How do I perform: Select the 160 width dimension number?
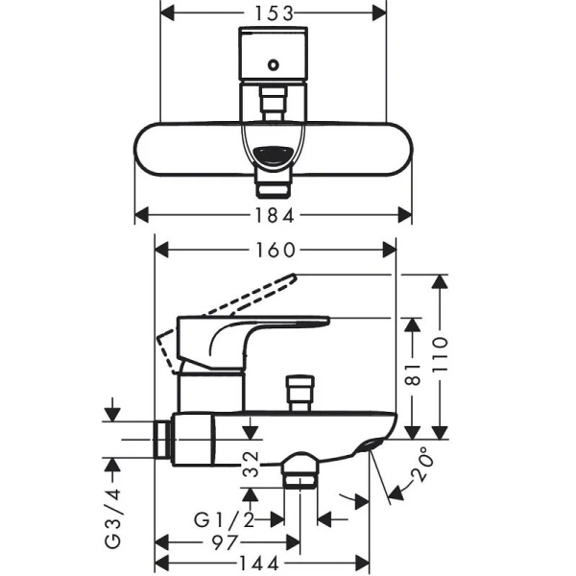point(276,250)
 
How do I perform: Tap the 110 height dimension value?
point(440,356)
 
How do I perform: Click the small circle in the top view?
point(275,65)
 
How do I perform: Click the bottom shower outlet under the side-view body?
point(300,473)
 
